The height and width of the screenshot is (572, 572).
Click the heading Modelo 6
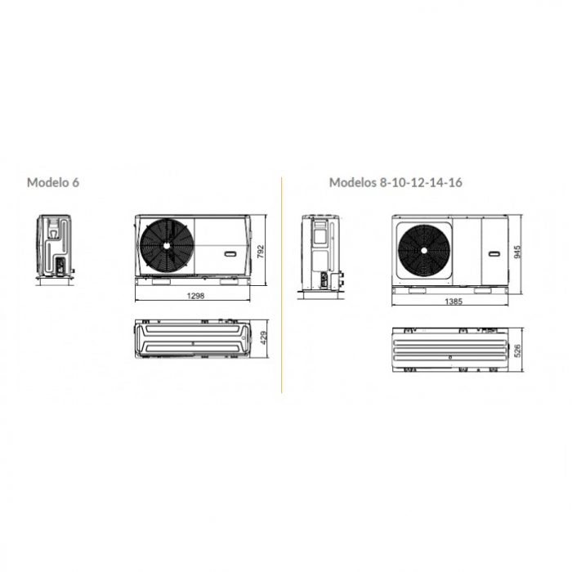[x=53, y=182]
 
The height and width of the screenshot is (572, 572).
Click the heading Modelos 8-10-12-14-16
[x=395, y=182]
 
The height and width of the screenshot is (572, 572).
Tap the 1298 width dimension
[x=195, y=296]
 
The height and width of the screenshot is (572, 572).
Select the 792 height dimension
[x=261, y=252]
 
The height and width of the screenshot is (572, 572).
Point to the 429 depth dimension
[x=264, y=337]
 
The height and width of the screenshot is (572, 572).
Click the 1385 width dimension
[x=454, y=302]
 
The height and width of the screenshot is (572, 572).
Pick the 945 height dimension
[x=517, y=252]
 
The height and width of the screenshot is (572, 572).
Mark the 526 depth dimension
[x=517, y=351]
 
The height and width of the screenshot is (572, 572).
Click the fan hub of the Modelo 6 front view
[x=167, y=246]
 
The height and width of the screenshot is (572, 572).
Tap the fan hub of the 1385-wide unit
[x=424, y=251]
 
